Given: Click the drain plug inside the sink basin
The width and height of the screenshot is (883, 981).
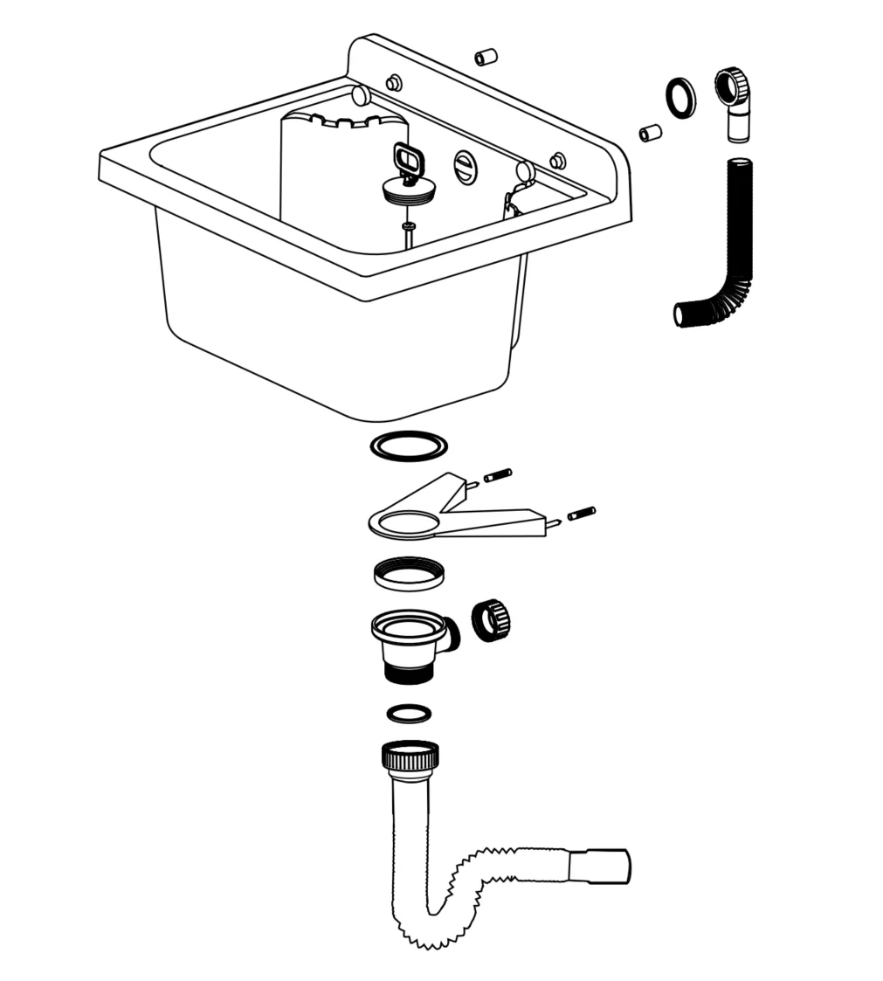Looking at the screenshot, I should point(408,190).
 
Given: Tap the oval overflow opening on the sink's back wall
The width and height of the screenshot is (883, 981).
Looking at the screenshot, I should point(466,167).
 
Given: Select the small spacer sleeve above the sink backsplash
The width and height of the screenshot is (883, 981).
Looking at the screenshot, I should point(486,58).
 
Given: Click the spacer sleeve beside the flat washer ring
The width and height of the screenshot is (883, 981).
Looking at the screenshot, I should point(650,133).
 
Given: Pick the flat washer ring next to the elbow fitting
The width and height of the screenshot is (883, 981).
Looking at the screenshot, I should point(680,97).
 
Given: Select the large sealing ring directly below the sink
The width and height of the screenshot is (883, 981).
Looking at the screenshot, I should point(409,446).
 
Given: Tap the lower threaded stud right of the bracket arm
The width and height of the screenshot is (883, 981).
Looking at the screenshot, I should point(582,514).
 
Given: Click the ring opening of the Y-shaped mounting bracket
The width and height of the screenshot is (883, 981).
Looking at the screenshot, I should point(404,523).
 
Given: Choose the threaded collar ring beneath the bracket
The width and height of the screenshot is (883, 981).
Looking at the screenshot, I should point(408,573).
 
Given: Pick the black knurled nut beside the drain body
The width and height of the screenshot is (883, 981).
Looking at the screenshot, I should point(490,620).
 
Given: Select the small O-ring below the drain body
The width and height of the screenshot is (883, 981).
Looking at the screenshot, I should point(409,713).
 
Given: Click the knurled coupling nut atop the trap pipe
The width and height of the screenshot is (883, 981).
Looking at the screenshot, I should point(410,754).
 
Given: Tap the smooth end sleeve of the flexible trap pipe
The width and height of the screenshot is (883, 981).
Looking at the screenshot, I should point(598,867).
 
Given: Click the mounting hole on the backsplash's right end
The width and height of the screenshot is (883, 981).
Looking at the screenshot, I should point(557,161).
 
